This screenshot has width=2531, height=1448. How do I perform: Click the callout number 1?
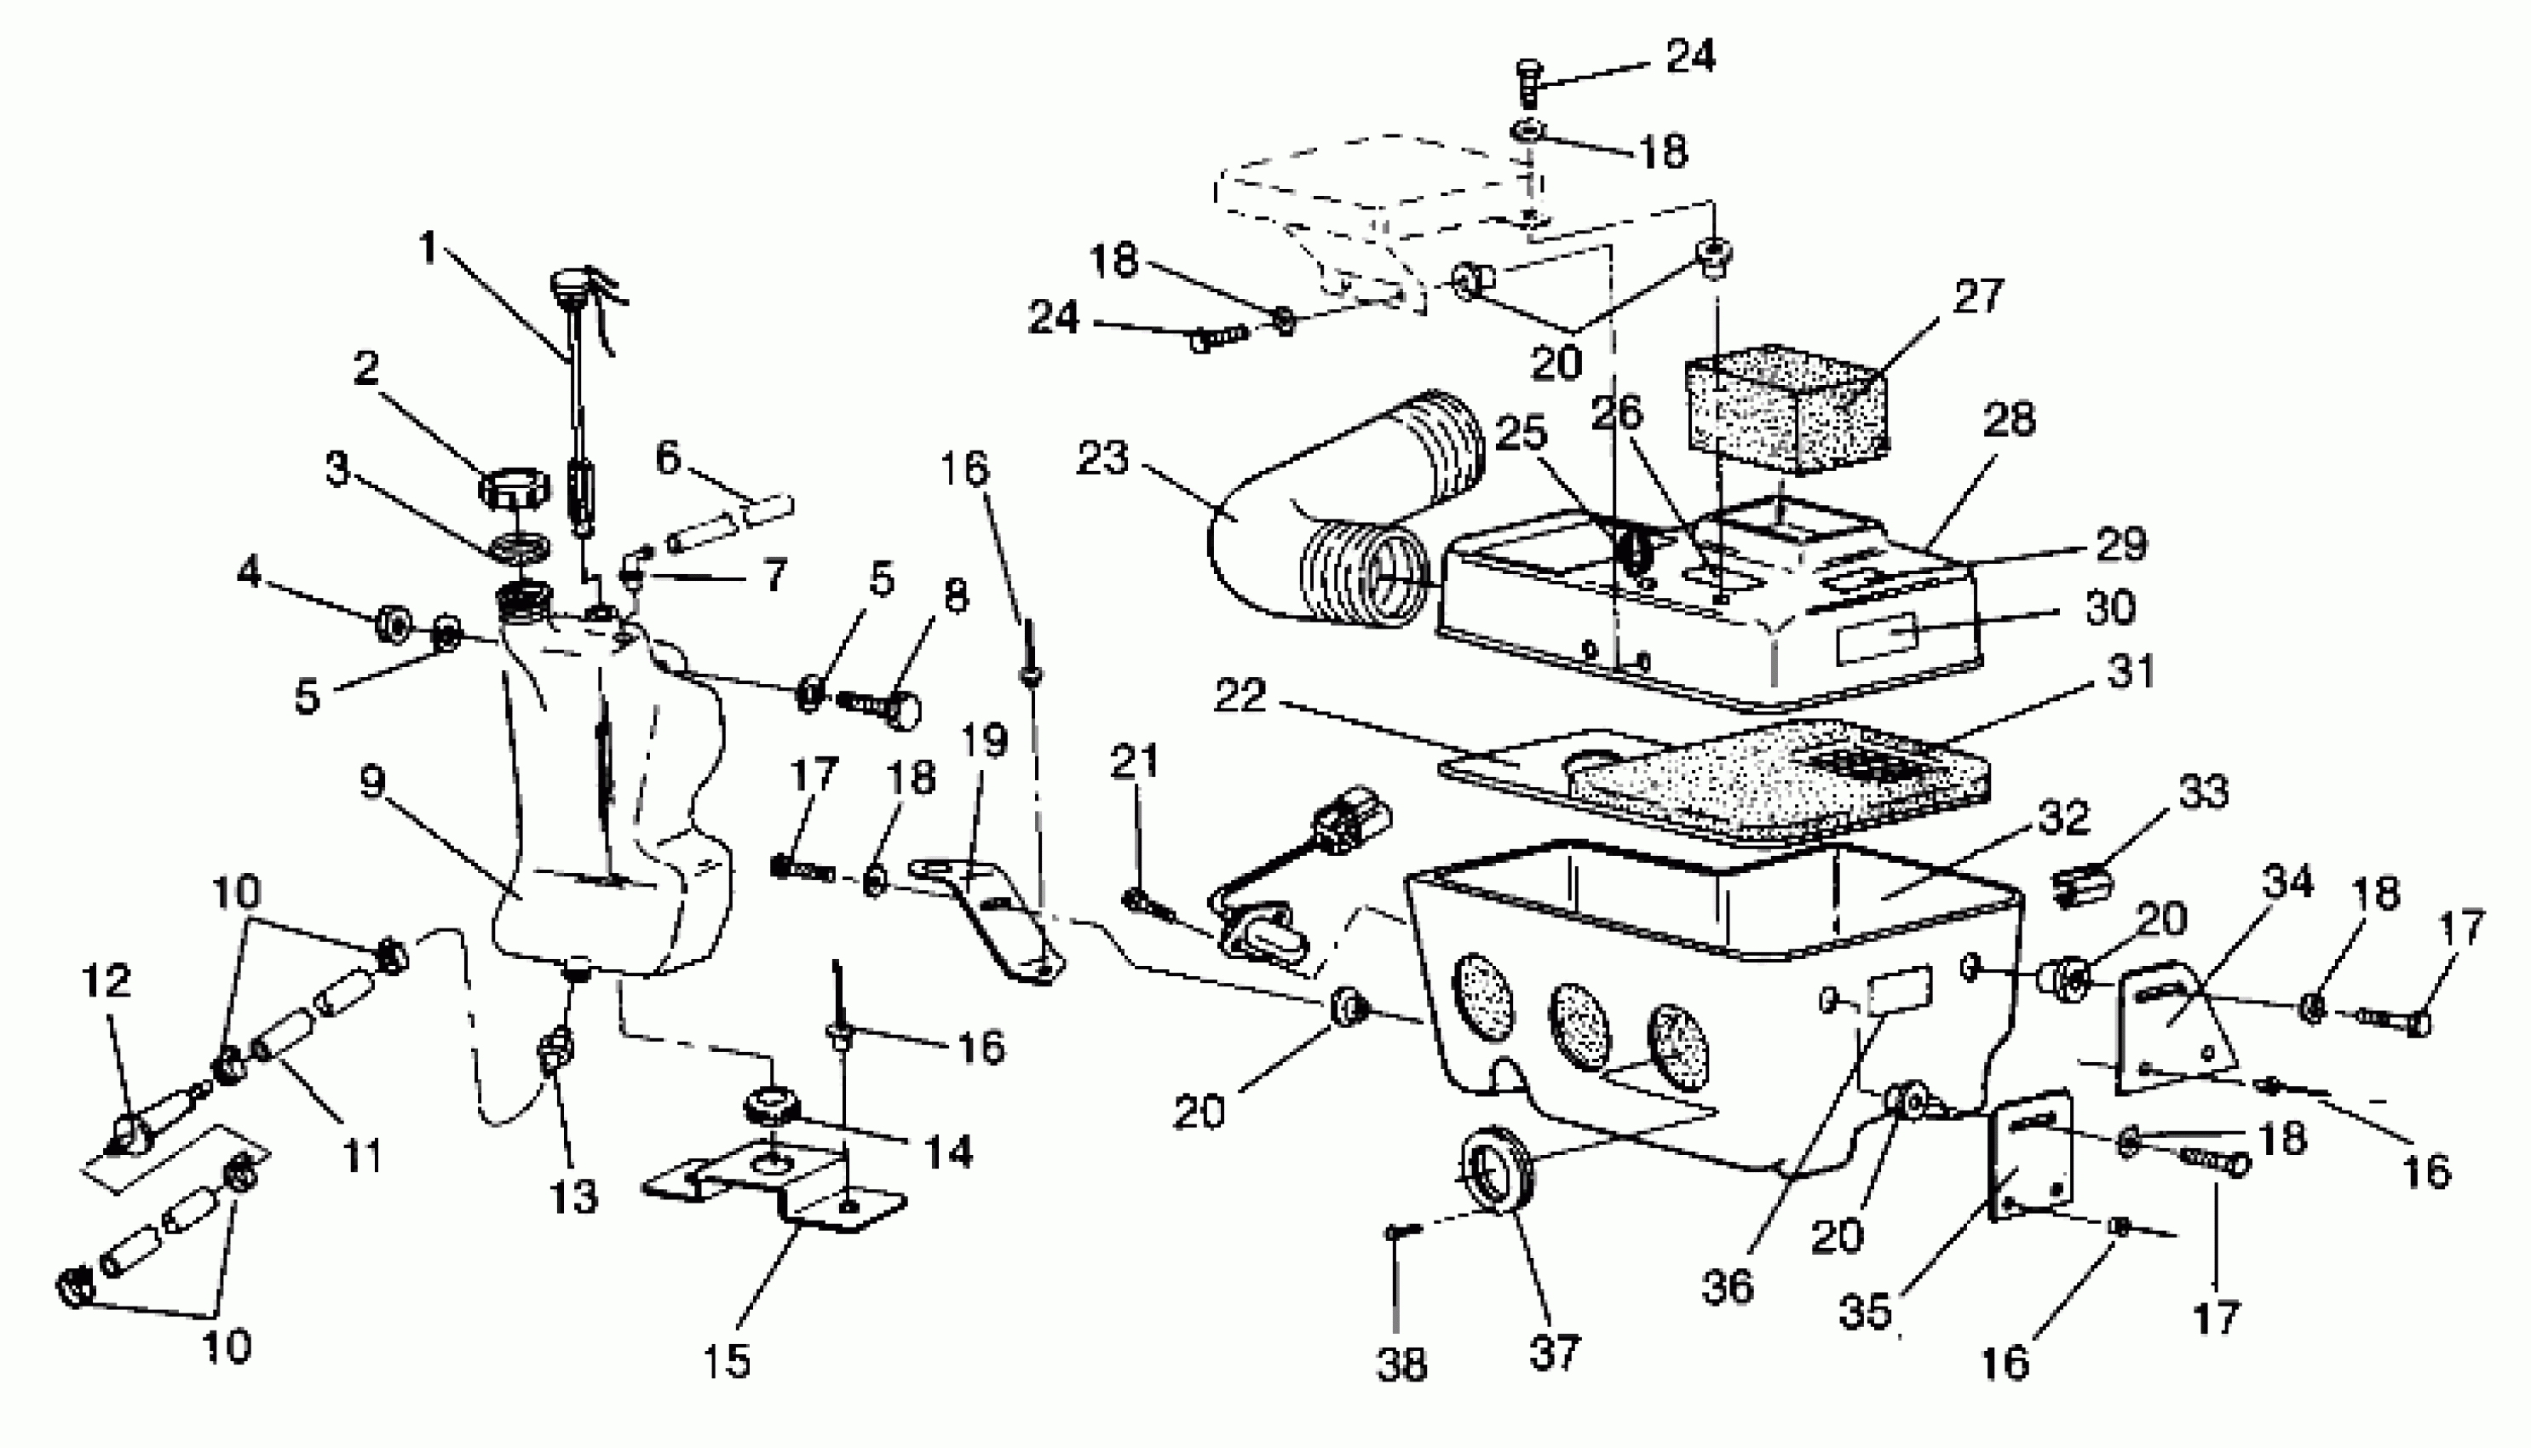click(x=428, y=249)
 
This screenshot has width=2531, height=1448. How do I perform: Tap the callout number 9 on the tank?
click(x=372, y=784)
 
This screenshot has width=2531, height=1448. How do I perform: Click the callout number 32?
click(x=2062, y=818)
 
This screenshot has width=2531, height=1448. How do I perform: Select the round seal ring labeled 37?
click(x=1495, y=1169)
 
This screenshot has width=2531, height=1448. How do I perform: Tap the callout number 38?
click(x=1401, y=1365)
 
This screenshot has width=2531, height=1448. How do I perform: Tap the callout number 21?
click(x=1135, y=761)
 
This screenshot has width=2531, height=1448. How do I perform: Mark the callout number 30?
click(x=2110, y=606)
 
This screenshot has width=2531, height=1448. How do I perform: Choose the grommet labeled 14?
click(x=773, y=1104)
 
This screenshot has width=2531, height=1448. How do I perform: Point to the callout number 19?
click(x=985, y=741)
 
